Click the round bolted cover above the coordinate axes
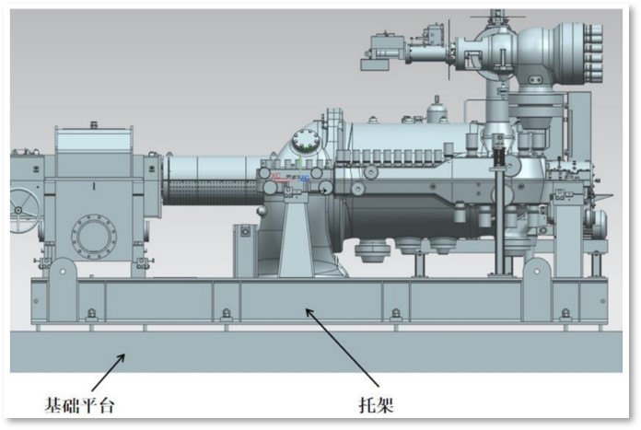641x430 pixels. (x=302, y=144)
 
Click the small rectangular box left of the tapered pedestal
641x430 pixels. (x=244, y=242)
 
